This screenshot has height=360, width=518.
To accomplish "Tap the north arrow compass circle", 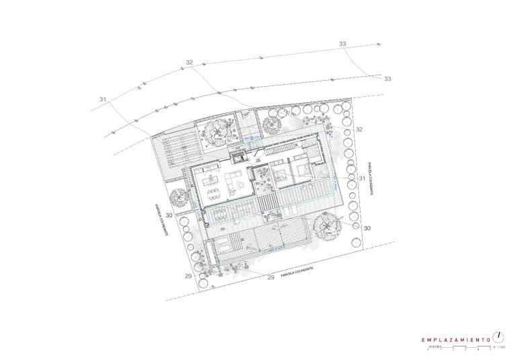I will (498, 336).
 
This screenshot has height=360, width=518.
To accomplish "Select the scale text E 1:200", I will (498, 348).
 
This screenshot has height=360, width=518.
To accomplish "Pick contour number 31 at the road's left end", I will (103, 100).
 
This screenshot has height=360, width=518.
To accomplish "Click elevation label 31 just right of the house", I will (361, 178).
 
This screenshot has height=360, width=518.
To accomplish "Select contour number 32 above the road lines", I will (189, 63).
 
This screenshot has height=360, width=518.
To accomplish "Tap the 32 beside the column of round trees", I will (359, 129).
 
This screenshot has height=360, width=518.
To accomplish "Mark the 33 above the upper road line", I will (342, 44).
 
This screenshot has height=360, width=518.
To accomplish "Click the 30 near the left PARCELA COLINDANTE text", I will (170, 215).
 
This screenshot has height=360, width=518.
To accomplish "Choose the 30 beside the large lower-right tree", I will (367, 228).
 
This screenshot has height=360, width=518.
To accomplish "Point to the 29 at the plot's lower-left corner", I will (188, 276).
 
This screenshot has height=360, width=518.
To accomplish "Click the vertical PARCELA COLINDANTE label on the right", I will (369, 178).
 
